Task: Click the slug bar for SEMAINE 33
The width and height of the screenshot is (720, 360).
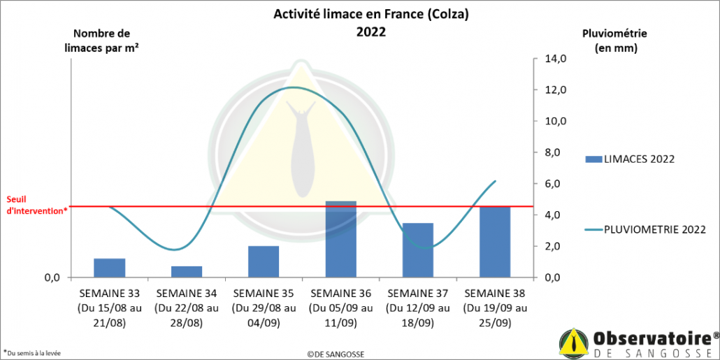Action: (109, 268)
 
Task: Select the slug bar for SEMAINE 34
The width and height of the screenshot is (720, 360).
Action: (187, 271)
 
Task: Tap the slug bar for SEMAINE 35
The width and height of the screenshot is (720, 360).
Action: (264, 261)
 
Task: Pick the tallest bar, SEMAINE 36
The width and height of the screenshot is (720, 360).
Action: (340, 239)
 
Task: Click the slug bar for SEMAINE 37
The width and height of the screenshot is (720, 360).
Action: (418, 250)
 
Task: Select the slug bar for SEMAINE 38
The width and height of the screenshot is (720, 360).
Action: (495, 241)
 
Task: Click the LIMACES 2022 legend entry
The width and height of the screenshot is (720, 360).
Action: (629, 159)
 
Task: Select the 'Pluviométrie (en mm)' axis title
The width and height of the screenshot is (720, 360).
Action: (614, 41)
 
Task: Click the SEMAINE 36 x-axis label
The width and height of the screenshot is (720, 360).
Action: (341, 308)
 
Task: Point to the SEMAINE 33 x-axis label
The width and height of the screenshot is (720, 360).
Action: (110, 308)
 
